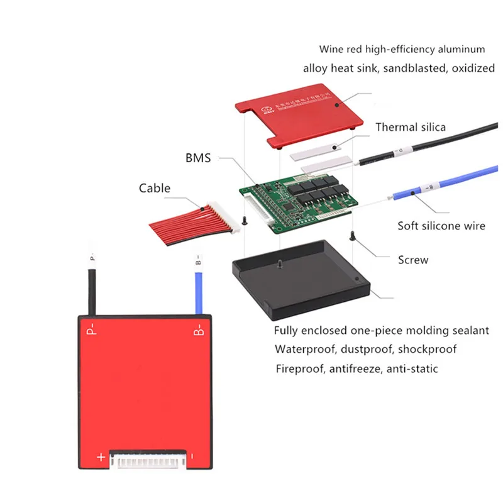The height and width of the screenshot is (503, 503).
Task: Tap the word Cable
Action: [155, 187]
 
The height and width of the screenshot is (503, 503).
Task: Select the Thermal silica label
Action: [411, 127]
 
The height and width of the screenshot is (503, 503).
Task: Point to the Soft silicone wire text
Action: [441, 225]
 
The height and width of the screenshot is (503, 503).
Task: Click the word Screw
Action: [413, 259]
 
